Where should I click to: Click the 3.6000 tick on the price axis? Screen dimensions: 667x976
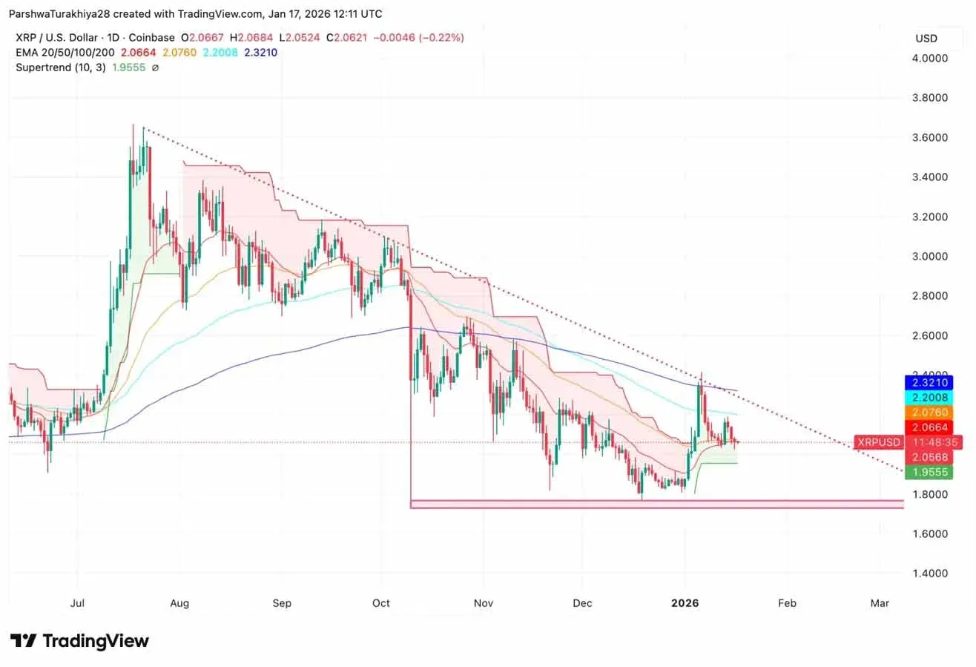(x=930, y=137)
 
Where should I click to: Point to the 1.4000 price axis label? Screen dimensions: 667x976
(x=930, y=574)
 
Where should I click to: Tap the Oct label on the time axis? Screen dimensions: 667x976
(x=381, y=603)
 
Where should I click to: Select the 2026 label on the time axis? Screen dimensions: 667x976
(x=685, y=603)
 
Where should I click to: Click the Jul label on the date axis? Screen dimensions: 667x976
(x=76, y=603)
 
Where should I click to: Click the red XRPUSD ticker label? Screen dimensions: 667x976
(x=878, y=442)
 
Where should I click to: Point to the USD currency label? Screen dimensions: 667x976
(x=926, y=39)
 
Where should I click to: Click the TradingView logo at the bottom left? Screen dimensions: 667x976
(x=79, y=641)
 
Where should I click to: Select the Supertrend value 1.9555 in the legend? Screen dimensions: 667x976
(x=128, y=68)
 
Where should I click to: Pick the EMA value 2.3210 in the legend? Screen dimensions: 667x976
(x=260, y=53)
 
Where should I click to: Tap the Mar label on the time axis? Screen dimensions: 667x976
(x=880, y=603)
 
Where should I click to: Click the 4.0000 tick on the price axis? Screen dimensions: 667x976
(x=930, y=58)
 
